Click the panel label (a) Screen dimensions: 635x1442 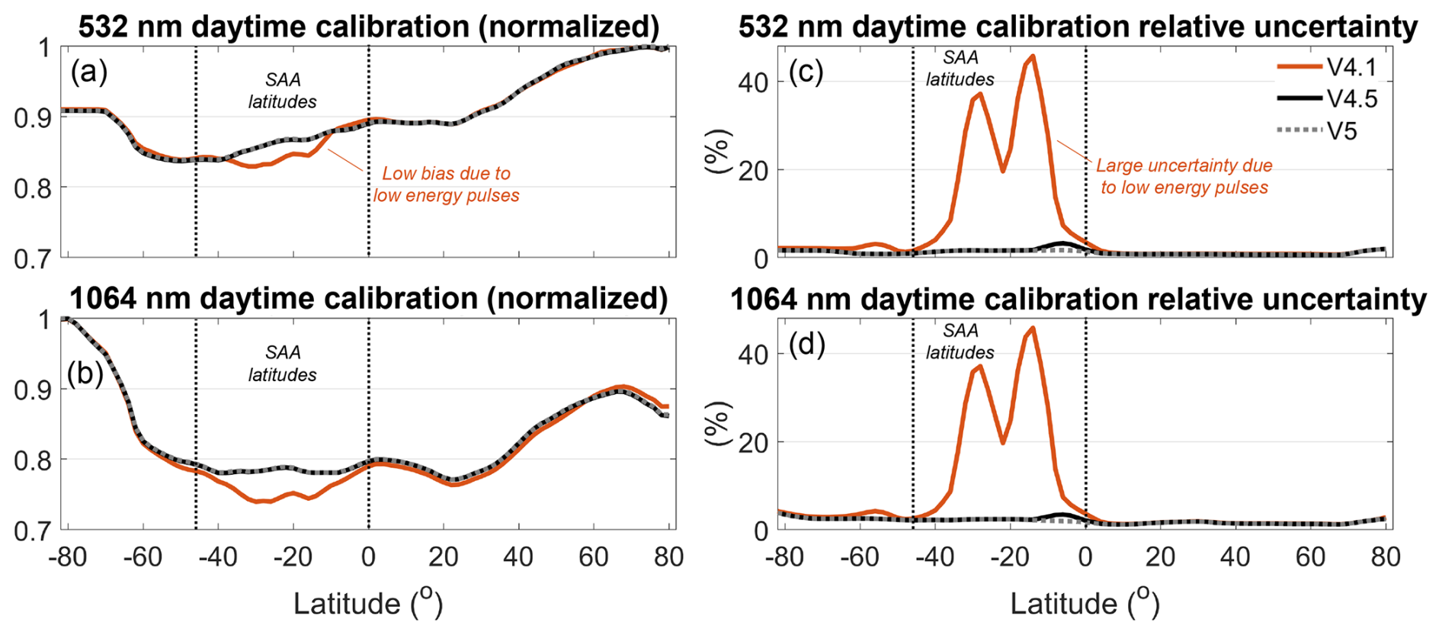pyautogui.click(x=89, y=72)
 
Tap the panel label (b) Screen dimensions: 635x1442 pyautogui.click(x=85, y=374)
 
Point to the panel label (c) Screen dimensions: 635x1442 pyautogui.click(x=806, y=72)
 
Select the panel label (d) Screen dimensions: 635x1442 pyautogui.click(x=806, y=345)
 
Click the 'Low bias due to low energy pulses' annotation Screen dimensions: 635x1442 pyautogui.click(x=446, y=184)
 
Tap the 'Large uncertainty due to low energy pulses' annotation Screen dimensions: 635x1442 pyautogui.click(x=1184, y=176)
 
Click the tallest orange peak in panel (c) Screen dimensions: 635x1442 pyautogui.click(x=1033, y=56)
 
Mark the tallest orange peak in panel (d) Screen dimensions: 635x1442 pyautogui.click(x=1033, y=329)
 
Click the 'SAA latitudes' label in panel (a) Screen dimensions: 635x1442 pyautogui.click(x=283, y=91)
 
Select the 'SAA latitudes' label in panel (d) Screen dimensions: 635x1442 pyautogui.click(x=960, y=342)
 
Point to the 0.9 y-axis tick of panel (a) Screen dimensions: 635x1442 pyautogui.click(x=32, y=118)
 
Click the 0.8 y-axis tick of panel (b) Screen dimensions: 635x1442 pyautogui.click(x=32, y=460)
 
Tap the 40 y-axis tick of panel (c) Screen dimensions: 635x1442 pyautogui.click(x=753, y=82)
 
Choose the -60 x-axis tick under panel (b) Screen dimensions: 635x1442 pyautogui.click(x=143, y=557)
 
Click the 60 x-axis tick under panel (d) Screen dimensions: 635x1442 pyautogui.click(x=1310, y=557)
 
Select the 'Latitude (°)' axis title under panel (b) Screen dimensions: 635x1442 pyautogui.click(x=368, y=603)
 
